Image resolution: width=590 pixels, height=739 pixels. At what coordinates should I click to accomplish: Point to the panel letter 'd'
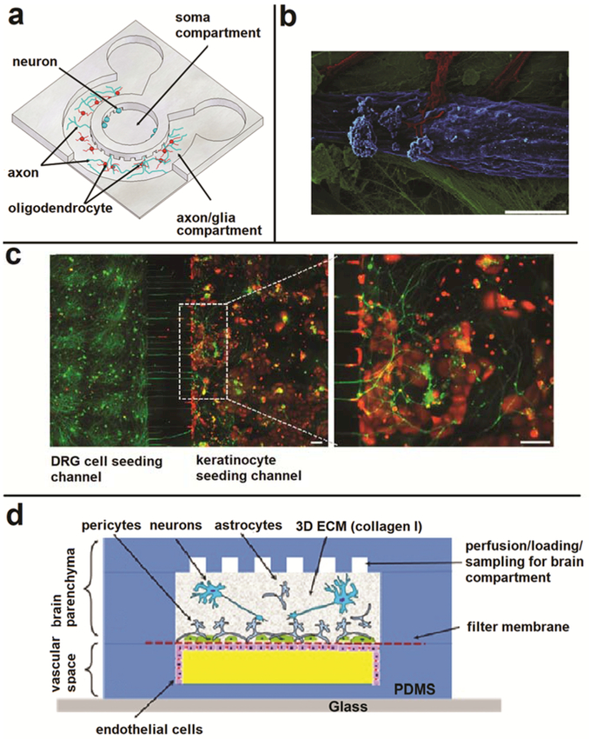point(16,516)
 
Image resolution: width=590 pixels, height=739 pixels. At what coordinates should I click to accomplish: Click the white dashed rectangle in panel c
point(202,351)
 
